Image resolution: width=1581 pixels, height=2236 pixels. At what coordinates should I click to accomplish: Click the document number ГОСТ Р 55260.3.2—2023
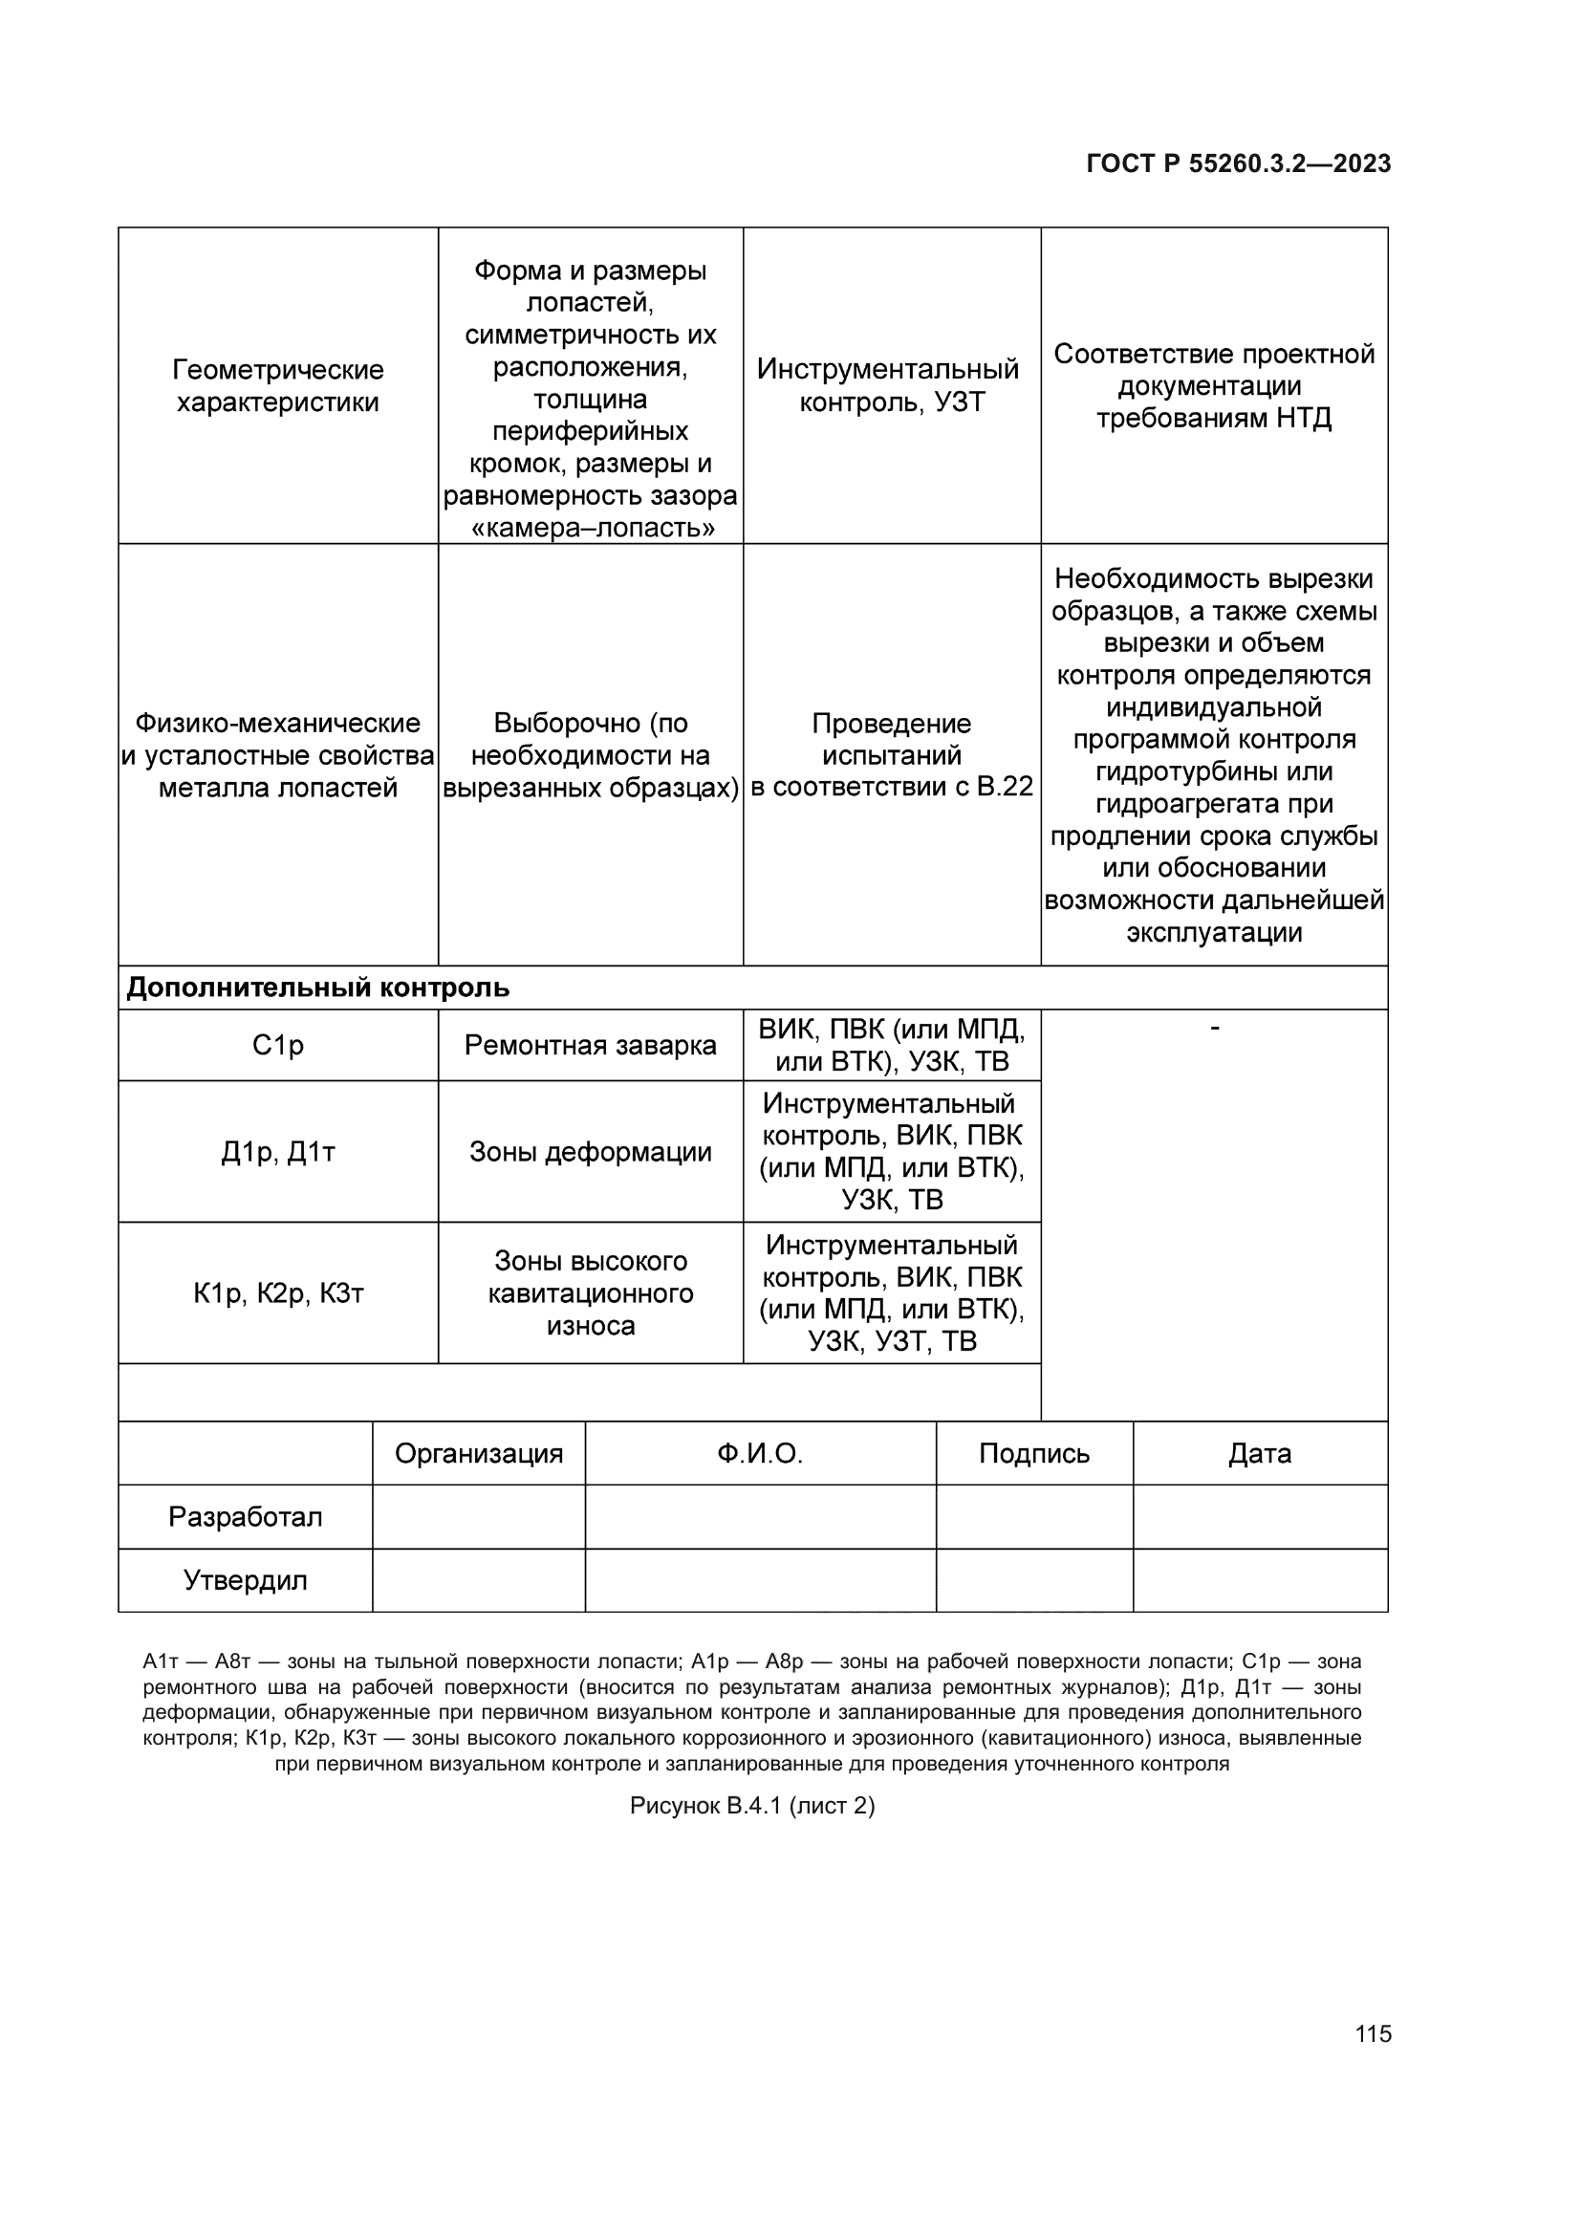[x=1237, y=163]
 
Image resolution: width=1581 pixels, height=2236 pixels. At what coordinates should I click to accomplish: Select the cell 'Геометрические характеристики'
[x=277, y=385]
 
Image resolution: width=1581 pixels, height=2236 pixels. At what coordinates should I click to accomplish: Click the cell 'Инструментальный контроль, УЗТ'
[x=891, y=385]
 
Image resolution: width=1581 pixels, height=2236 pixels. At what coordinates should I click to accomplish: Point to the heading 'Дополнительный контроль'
[x=317, y=988]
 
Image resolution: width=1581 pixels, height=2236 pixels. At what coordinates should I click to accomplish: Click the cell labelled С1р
[x=277, y=1045]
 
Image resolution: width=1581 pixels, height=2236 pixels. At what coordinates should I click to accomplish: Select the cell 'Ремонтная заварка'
[x=590, y=1045]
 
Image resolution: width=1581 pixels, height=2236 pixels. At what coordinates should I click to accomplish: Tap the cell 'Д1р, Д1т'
[x=277, y=1152]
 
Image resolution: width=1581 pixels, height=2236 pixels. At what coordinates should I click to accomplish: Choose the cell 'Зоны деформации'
[x=590, y=1152]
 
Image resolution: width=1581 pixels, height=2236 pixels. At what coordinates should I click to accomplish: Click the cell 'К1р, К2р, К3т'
[x=277, y=1293]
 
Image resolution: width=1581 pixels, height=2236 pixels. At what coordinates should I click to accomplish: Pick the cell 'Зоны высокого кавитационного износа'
[x=590, y=1293]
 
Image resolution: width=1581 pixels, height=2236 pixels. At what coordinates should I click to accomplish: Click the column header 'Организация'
[x=478, y=1454]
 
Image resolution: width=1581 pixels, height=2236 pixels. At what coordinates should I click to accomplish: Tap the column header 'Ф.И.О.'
[x=759, y=1454]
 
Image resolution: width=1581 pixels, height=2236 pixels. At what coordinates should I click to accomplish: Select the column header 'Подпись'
[x=1034, y=1454]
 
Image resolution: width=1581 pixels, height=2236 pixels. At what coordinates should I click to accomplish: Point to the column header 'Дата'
[x=1260, y=1454]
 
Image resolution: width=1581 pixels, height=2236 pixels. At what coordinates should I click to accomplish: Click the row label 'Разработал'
[x=245, y=1517]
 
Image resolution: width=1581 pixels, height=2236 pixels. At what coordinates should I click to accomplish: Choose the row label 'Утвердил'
[x=245, y=1580]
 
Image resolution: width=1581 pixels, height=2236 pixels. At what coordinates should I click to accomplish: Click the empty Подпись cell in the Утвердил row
[x=1034, y=1580]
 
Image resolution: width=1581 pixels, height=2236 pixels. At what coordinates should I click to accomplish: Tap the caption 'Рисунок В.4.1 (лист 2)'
[x=751, y=1807]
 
